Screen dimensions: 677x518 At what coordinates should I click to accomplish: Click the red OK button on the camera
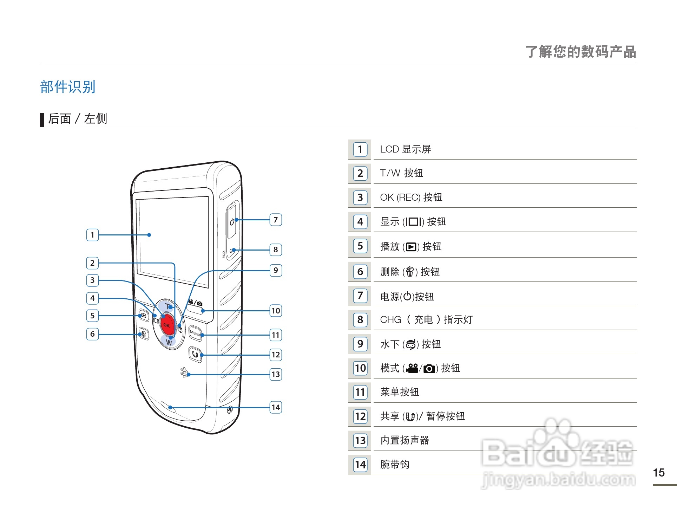167,324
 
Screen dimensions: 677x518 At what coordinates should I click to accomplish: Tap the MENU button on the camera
195,332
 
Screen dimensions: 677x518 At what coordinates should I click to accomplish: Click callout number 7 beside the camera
276,220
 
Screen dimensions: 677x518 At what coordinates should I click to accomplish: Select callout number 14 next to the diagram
276,407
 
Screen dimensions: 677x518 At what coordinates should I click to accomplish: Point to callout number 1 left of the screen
92,235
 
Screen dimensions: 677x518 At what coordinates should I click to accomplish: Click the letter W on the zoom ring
169,342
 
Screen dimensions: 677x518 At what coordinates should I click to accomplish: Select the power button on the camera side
232,222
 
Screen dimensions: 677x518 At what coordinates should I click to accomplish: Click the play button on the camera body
143,316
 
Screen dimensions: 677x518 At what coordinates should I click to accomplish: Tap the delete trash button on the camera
143,334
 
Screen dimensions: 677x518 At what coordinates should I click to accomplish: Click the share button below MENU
195,354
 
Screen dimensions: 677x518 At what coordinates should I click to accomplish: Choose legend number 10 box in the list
360,368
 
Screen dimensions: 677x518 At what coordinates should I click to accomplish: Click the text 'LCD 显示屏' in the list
406,149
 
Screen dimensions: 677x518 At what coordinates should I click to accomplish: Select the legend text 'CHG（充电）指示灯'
426,320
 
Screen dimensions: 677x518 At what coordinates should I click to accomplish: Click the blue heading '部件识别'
68,87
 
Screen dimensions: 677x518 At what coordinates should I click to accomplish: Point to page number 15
659,473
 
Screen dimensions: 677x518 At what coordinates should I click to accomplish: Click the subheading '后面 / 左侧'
77,119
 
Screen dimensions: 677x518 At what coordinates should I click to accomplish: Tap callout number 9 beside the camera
276,270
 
